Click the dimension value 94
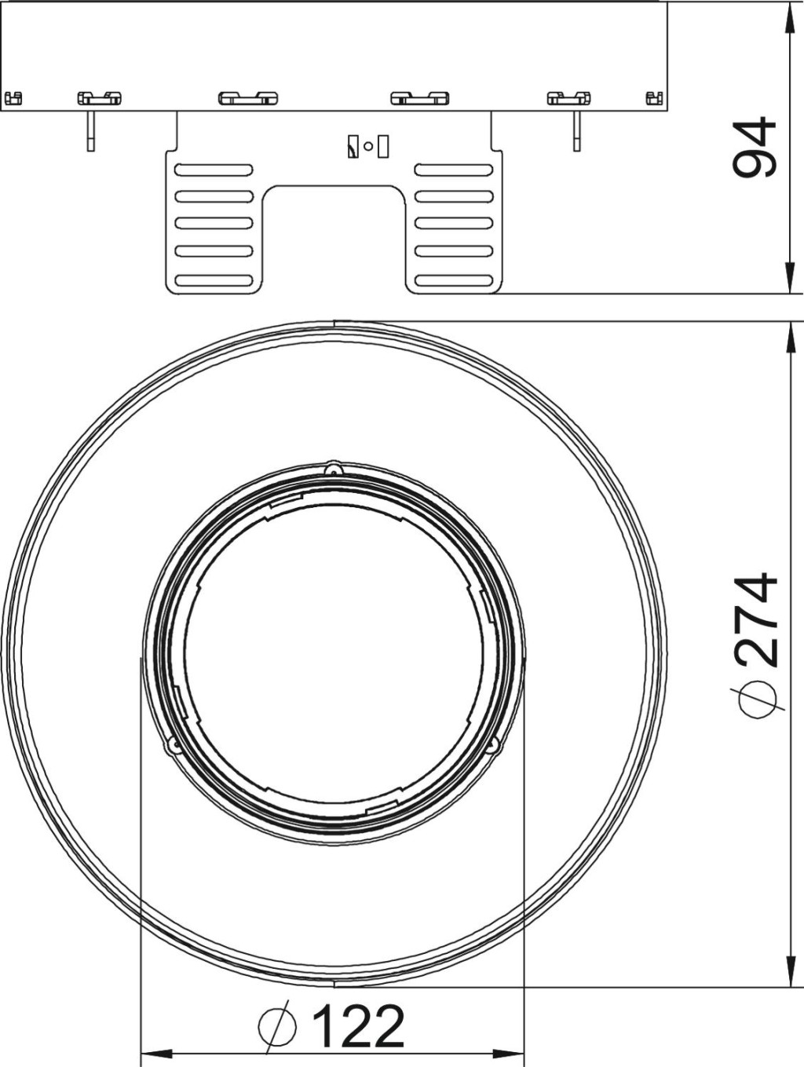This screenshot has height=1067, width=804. (x=754, y=146)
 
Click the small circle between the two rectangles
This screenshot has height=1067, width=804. (x=368, y=146)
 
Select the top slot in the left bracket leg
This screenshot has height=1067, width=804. (x=214, y=170)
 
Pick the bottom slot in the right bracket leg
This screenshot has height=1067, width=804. (x=454, y=280)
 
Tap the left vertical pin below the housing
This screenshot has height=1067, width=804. (x=91, y=131)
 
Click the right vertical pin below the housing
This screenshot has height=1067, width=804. (x=576, y=131)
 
